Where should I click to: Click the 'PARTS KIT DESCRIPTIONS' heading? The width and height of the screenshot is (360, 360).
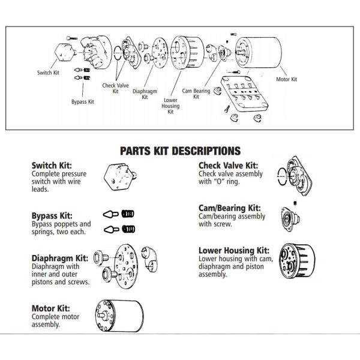pyautogui.click(x=180, y=149)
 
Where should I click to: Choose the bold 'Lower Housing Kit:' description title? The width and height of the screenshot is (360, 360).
pyautogui.click(x=234, y=250)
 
